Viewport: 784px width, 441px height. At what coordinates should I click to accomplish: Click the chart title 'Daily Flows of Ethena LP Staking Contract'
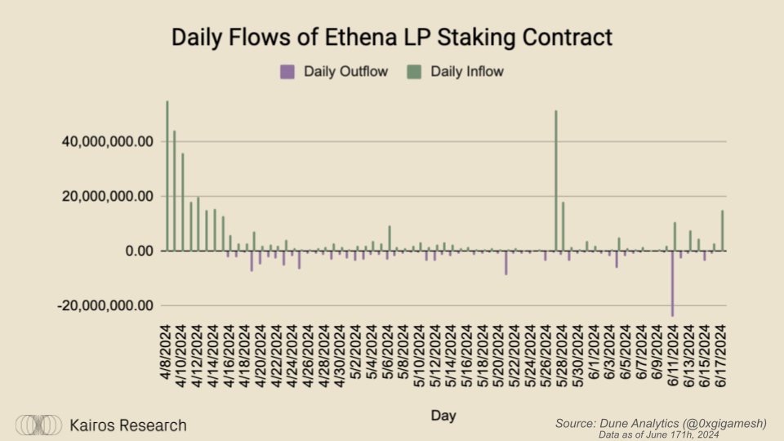point(391,38)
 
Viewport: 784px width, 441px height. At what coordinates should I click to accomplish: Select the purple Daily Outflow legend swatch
point(287,71)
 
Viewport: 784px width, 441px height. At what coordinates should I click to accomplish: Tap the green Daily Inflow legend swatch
point(413,71)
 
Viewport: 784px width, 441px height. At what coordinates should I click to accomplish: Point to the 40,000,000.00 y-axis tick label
point(109,142)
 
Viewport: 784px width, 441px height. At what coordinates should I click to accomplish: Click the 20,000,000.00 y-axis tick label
point(109,197)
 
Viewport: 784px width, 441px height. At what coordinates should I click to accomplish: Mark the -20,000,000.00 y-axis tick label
point(105,305)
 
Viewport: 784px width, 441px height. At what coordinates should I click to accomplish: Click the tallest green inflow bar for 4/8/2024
point(167,176)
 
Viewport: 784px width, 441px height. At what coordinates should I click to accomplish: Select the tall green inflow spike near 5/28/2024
point(556,180)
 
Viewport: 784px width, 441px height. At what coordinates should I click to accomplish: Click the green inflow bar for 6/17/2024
point(722,230)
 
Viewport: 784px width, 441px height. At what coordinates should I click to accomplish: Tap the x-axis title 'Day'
point(444,416)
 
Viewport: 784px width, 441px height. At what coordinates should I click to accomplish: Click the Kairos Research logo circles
point(39,425)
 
